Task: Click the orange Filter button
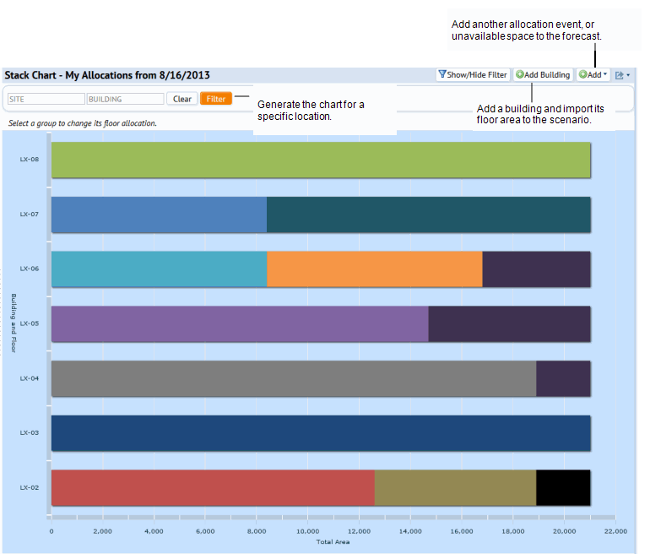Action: [x=216, y=99]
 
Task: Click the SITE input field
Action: [x=46, y=99]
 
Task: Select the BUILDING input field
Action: [x=125, y=99]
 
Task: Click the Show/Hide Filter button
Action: [x=473, y=75]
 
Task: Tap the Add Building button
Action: [x=543, y=75]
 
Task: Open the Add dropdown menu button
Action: [x=593, y=75]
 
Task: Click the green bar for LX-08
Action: [x=321, y=160]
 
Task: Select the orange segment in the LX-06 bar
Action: [x=374, y=269]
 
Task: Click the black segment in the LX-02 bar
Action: [x=562, y=487]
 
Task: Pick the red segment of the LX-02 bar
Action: [x=213, y=487]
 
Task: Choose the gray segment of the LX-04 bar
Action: [x=294, y=378]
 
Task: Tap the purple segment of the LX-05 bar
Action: [x=240, y=323]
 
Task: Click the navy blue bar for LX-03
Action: [x=321, y=432]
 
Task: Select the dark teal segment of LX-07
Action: [x=428, y=215]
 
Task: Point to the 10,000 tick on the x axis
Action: [x=307, y=531]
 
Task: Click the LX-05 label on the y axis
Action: [x=30, y=323]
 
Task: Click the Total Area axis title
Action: [x=333, y=541]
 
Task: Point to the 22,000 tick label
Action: [x=615, y=531]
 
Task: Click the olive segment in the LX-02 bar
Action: [x=455, y=487]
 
